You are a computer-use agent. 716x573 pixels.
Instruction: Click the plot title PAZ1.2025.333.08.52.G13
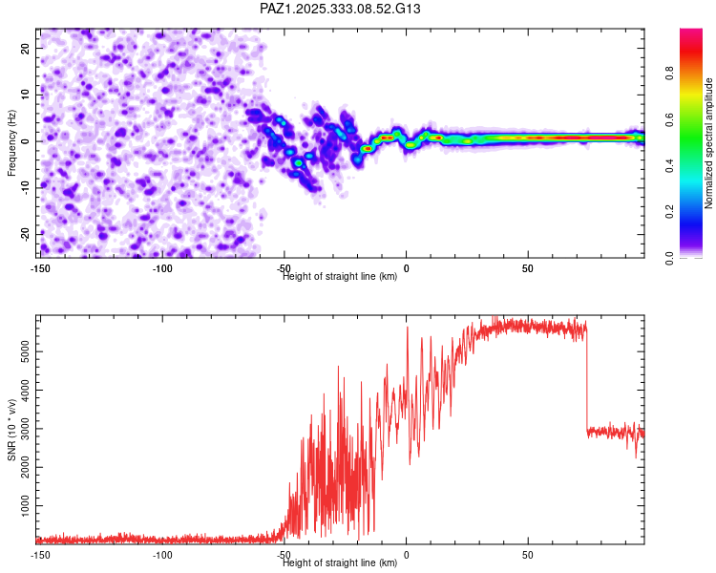coord(340,9)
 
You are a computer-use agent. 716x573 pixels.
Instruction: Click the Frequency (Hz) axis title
coord(12,141)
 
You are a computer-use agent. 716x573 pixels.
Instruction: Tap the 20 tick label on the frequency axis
coord(28,48)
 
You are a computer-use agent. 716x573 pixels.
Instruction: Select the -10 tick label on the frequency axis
coord(26,187)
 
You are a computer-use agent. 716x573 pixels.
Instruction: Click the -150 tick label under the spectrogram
coord(39,268)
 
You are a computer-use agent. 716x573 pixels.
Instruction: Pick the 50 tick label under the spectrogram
coord(527,268)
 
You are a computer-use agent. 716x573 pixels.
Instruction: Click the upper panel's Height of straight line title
coord(340,276)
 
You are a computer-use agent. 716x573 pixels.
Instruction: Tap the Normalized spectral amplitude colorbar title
coord(709,143)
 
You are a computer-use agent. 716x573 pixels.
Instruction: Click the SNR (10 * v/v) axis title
coord(12,428)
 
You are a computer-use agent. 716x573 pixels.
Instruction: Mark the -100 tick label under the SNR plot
coord(161,554)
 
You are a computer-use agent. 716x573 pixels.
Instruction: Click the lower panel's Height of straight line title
coord(340,562)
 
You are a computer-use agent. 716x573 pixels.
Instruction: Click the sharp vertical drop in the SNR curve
coord(587,382)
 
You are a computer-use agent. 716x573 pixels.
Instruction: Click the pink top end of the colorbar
coord(691,32)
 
